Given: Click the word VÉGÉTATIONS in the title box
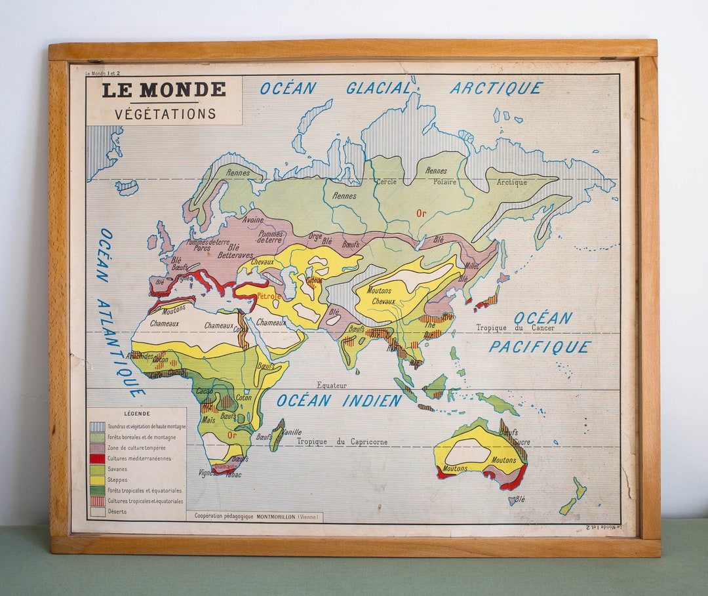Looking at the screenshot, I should [165, 113].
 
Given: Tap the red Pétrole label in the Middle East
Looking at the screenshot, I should [269, 296].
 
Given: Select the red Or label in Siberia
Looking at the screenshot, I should [421, 213].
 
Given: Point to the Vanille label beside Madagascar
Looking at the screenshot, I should [292, 432].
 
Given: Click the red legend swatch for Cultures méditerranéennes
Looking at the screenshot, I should [97, 458].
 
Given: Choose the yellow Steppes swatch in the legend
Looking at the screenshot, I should [97, 480].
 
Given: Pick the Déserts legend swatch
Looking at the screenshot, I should [97, 511].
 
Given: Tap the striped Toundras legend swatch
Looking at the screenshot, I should [97, 427].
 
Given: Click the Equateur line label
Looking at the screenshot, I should [332, 386].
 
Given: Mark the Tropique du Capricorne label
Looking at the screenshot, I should [342, 442].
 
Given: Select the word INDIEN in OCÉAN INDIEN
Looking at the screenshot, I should [372, 401].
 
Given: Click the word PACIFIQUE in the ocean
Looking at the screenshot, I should [540, 347].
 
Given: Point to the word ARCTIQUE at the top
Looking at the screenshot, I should [496, 88].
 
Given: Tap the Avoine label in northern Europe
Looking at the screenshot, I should [252, 220].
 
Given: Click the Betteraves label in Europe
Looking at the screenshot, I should [235, 255].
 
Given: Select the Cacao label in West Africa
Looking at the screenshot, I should [205, 391].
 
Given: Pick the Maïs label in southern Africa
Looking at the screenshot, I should [208, 420].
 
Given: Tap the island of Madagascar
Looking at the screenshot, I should [277, 435].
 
